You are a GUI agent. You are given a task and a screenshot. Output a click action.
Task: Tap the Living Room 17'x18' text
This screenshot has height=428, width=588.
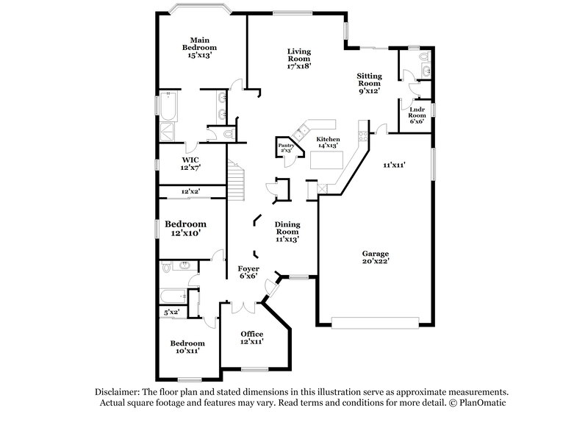click(x=299, y=58)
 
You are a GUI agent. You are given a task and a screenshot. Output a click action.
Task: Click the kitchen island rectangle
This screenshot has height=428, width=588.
click(x=326, y=160)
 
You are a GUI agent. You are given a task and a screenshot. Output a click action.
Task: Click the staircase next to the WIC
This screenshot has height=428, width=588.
click(x=235, y=177)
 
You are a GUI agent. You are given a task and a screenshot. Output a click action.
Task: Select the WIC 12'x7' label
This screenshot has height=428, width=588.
click(x=190, y=163)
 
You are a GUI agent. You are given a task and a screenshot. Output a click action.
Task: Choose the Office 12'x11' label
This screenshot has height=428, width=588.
click(x=251, y=338)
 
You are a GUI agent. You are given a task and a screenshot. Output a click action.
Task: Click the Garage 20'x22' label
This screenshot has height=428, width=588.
click(x=375, y=257)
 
